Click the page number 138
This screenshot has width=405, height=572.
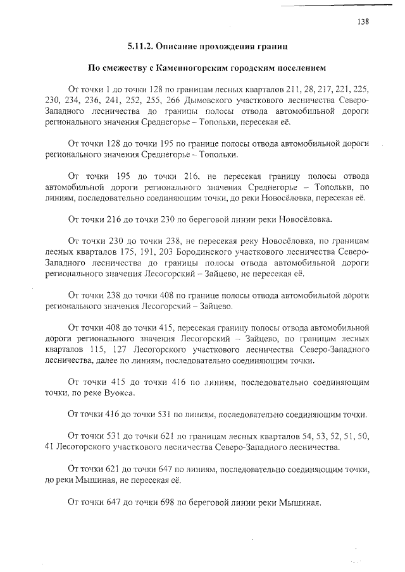[x=363, y=21]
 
